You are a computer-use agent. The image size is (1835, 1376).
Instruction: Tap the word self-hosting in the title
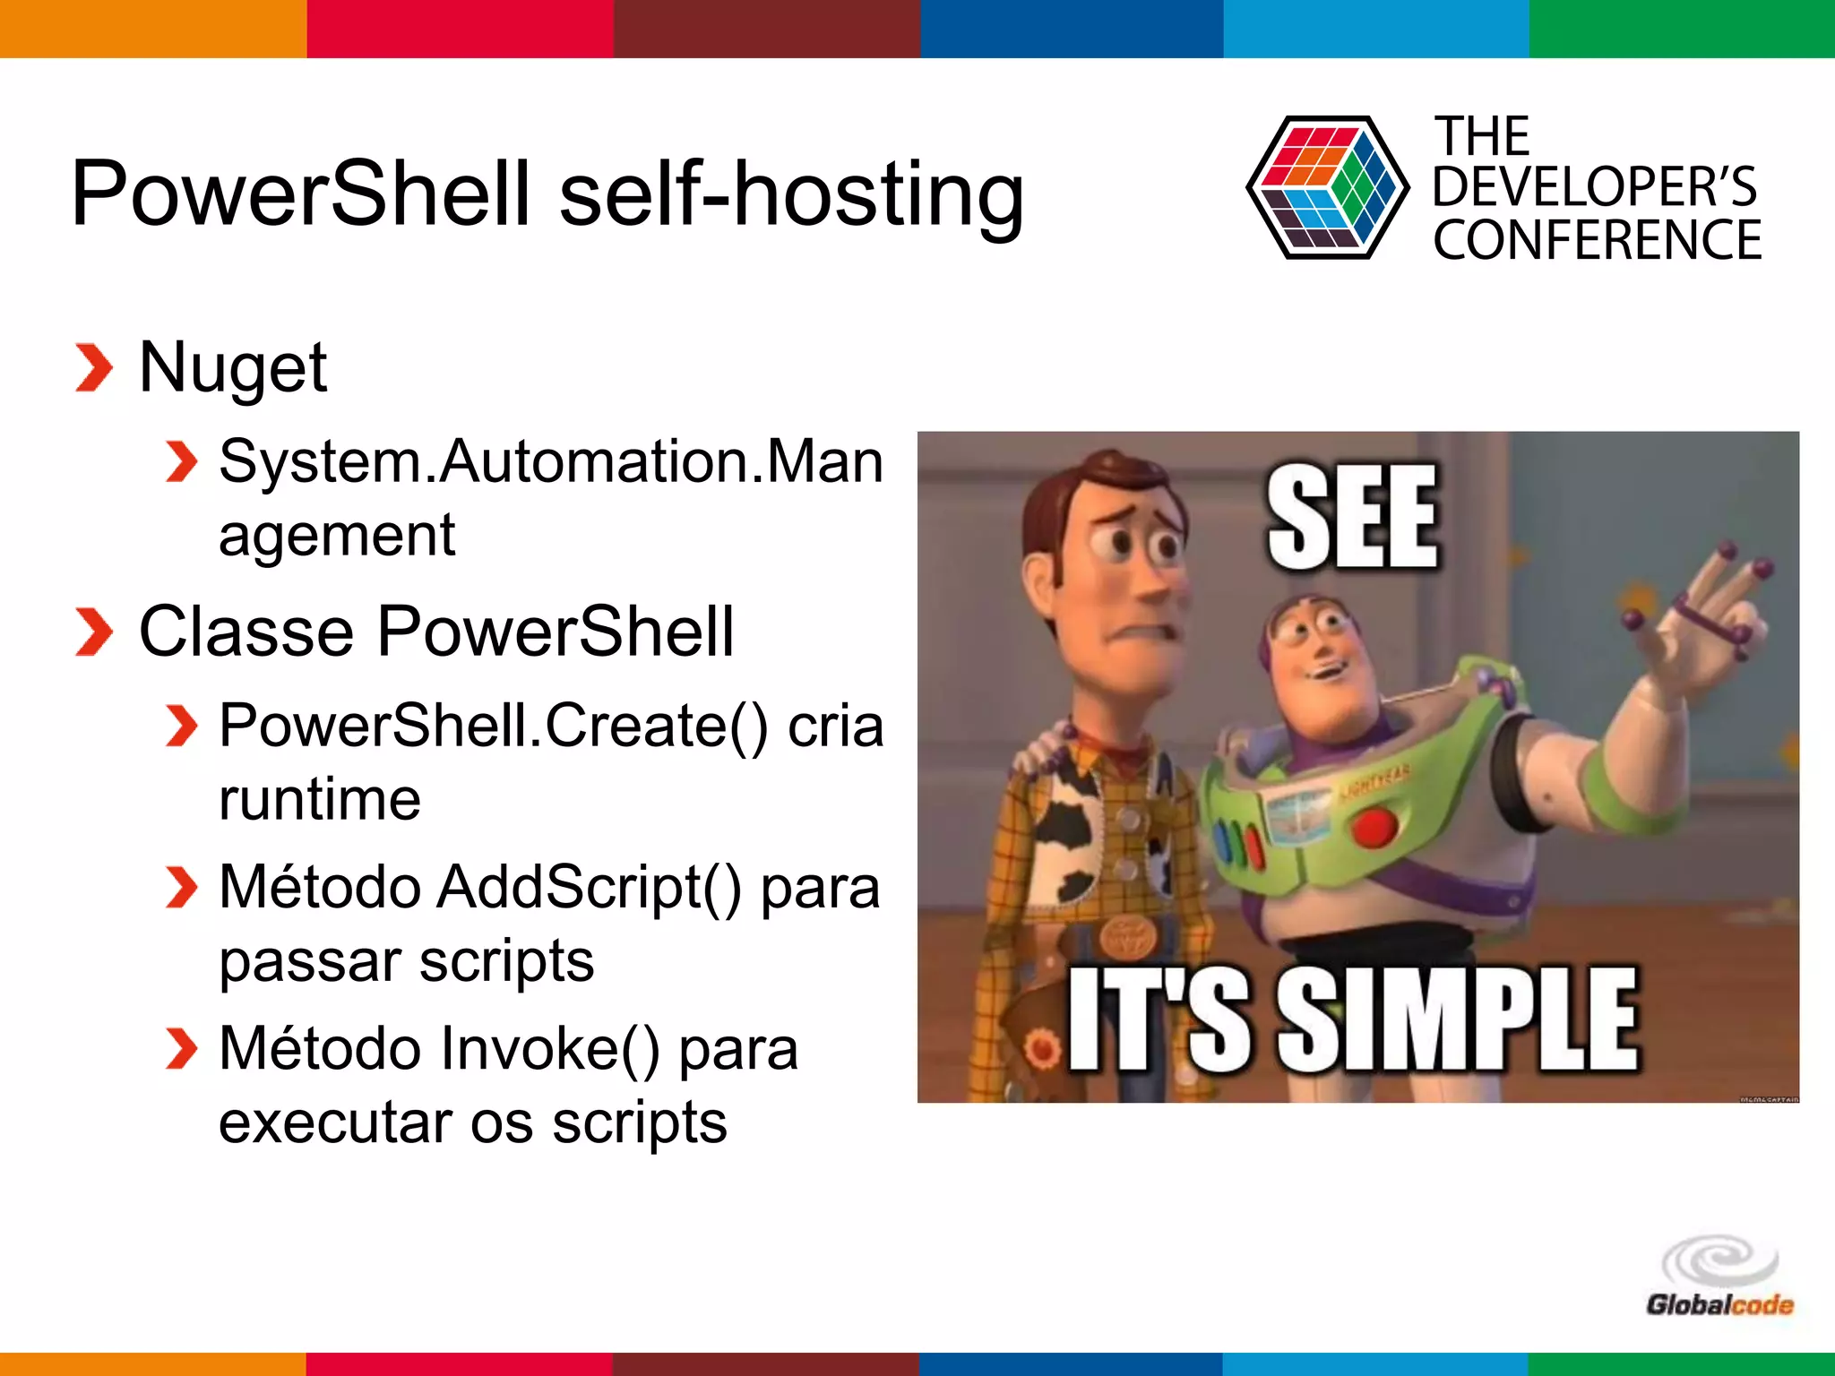tap(791, 195)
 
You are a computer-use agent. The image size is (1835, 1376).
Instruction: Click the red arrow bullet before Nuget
tap(94, 368)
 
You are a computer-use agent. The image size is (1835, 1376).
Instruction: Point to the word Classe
tap(246, 632)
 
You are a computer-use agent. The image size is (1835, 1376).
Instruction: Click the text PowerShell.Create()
tap(494, 726)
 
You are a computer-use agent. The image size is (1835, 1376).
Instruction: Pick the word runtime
tap(320, 799)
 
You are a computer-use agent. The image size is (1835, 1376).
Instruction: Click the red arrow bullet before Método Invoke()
tap(182, 1049)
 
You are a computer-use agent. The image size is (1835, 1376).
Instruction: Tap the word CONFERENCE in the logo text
tap(1597, 240)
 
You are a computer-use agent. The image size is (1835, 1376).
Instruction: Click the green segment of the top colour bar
tap(1682, 29)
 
